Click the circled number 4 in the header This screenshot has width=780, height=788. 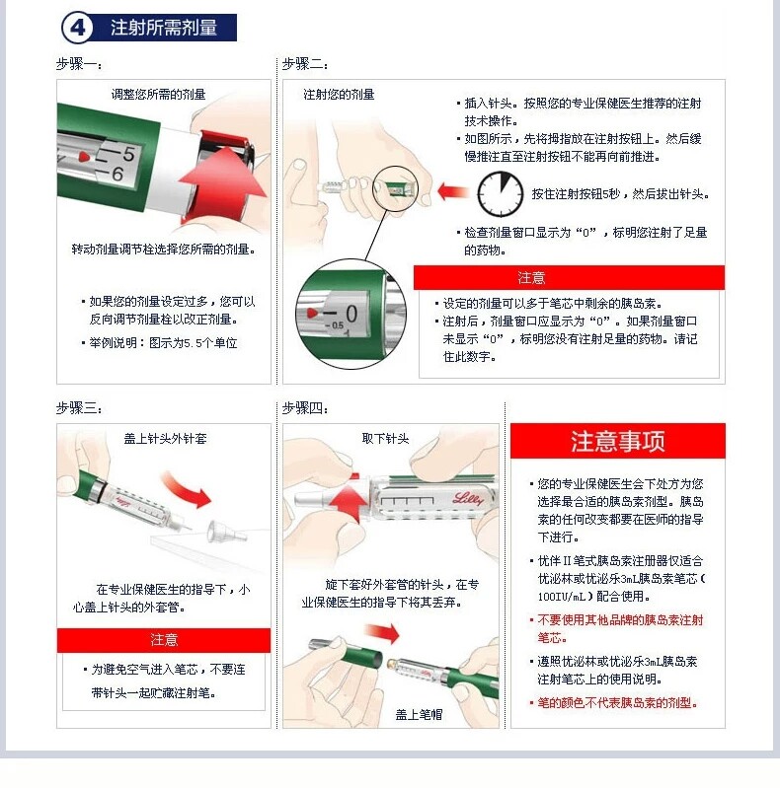pyautogui.click(x=77, y=28)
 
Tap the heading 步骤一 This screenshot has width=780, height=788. pyautogui.click(x=79, y=64)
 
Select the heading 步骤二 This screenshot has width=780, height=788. pyautogui.click(x=305, y=64)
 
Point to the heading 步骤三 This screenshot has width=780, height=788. pyautogui.click(x=79, y=408)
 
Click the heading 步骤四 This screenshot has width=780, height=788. pyautogui.click(x=305, y=408)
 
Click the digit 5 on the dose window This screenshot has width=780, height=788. pyautogui.click(x=128, y=154)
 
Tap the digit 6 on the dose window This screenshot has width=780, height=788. pyautogui.click(x=117, y=174)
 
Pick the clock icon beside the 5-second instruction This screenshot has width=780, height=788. pyautogui.click(x=500, y=194)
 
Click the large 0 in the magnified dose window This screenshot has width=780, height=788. pyautogui.click(x=351, y=314)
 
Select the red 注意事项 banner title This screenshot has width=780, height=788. pyautogui.click(x=617, y=441)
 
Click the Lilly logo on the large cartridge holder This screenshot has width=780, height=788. pyautogui.click(x=468, y=498)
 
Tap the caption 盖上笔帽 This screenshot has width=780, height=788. pyautogui.click(x=419, y=715)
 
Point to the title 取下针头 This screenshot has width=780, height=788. pyautogui.click(x=385, y=439)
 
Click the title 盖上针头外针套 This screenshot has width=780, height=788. pyautogui.click(x=165, y=439)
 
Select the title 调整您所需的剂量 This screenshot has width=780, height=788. pyautogui.click(x=158, y=95)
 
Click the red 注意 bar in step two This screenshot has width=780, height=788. pyautogui.click(x=569, y=278)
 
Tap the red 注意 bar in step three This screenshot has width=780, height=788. pyautogui.click(x=164, y=640)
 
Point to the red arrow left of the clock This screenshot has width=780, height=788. pyautogui.click(x=453, y=191)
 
